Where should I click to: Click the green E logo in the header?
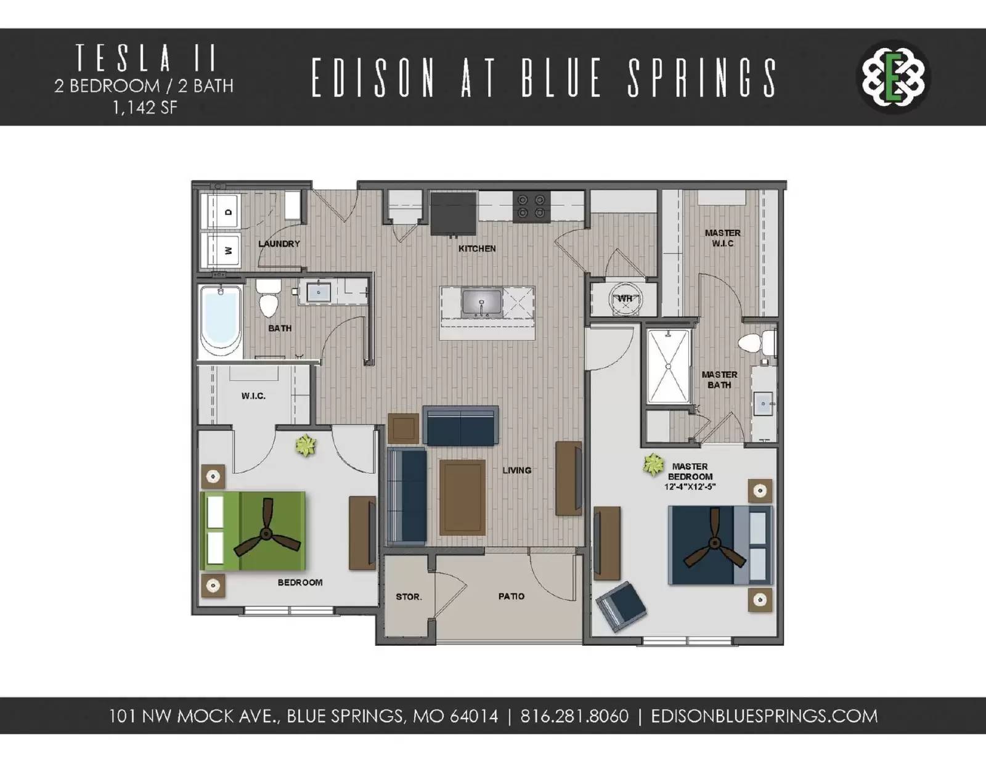(x=893, y=78)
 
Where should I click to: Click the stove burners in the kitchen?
(x=531, y=206)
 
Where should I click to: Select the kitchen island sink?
(x=482, y=303)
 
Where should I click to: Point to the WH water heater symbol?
(x=624, y=300)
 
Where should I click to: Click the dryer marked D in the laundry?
(x=221, y=212)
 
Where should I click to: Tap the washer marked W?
(x=221, y=250)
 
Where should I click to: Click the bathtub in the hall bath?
(x=220, y=320)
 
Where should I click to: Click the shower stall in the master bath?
(x=668, y=367)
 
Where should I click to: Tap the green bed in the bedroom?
(x=253, y=531)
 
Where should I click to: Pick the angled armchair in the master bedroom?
(x=621, y=606)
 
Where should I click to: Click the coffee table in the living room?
(x=462, y=497)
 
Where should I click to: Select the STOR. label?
(x=409, y=597)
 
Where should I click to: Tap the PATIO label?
(x=511, y=596)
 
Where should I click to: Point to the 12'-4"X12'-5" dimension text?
(x=690, y=487)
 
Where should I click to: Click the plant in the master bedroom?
(x=653, y=465)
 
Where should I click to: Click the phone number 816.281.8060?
(x=574, y=716)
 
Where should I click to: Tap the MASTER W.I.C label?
(x=722, y=238)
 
